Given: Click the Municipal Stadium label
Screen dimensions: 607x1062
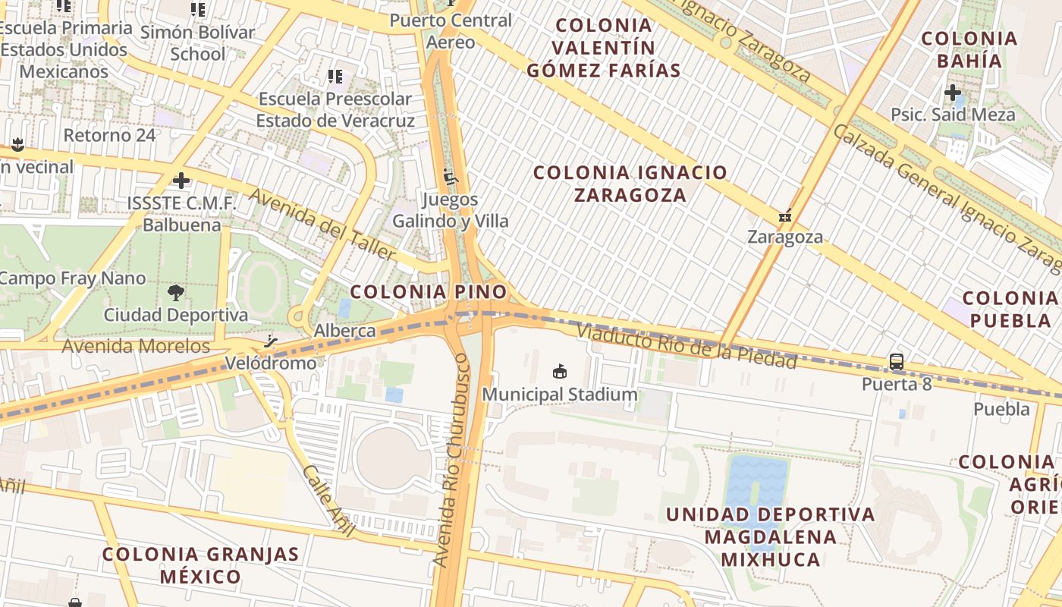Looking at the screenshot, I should click(560, 395).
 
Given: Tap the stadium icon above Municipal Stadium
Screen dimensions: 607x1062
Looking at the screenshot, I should click(560, 371).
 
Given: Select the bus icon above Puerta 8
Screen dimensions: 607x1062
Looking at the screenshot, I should click(897, 362).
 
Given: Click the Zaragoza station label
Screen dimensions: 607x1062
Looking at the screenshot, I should click(785, 237).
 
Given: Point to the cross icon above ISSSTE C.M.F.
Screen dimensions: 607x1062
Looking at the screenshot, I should click(181, 181).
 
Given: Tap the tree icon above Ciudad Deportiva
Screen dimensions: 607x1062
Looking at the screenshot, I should click(176, 292).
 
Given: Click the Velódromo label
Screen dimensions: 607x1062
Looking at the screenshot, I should click(271, 363).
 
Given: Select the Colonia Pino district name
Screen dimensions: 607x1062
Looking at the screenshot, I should click(429, 291).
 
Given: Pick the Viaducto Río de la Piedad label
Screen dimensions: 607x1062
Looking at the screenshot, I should click(687, 346).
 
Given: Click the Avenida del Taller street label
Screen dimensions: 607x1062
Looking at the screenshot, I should click(322, 224).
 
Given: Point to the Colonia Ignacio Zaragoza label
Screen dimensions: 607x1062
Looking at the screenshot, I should click(630, 184).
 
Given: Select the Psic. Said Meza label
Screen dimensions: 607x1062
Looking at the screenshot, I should click(953, 115).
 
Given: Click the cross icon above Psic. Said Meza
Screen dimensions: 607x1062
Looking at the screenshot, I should click(953, 93).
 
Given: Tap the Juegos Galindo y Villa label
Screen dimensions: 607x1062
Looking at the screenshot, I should click(451, 210).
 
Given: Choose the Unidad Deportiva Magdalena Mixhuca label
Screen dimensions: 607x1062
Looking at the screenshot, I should click(771, 537).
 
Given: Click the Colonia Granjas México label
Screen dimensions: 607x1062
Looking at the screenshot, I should click(201, 565).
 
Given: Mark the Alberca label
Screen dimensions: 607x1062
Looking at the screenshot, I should click(345, 331).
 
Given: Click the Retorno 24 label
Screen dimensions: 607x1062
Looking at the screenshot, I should click(109, 135).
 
